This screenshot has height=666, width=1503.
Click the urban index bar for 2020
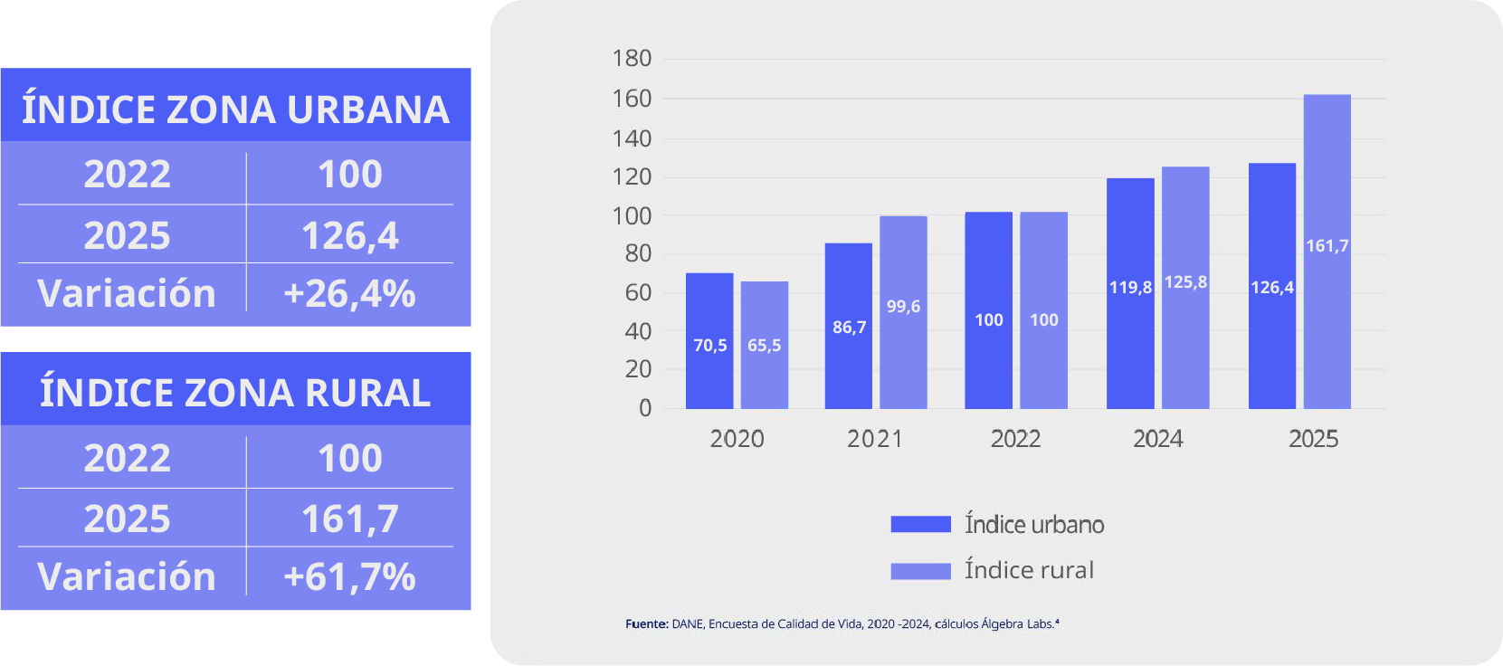pos(709,341)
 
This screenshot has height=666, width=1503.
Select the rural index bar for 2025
pos(1327,252)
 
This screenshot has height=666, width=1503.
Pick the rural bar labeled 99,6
pos(903,312)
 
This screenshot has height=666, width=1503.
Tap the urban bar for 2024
pos(1130,294)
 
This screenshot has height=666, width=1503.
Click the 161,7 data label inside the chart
pos(1327,246)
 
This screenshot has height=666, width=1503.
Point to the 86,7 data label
pos(849,328)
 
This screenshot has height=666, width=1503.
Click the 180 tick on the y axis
pos(632,58)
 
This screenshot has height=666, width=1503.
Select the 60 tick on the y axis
pos(638,292)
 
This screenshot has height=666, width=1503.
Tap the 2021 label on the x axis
pos(874,439)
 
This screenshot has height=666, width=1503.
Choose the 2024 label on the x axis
pos(1158,439)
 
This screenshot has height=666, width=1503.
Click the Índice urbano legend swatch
pos(920,524)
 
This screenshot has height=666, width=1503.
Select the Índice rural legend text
pos(1029,569)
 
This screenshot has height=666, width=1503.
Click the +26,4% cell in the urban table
pos(349,294)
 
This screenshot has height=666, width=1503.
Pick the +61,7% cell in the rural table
pos(349,576)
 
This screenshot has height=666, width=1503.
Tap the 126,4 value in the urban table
pos(349,235)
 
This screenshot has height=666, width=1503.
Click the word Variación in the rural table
pos(127,576)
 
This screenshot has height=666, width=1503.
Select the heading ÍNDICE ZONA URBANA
pos(235,109)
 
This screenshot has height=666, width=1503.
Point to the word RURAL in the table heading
pos(367,393)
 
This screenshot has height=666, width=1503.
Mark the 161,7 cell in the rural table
pos(349,519)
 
